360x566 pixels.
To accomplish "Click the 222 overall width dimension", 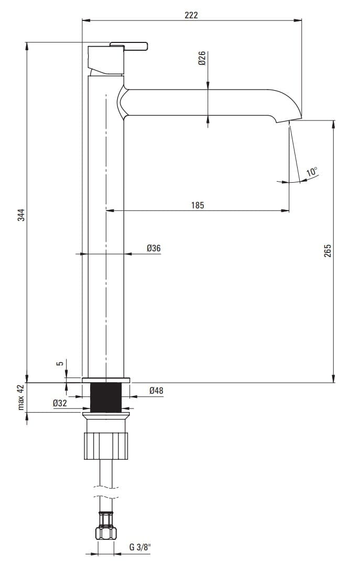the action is [x=191, y=15].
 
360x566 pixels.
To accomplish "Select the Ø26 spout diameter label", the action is [x=202, y=58].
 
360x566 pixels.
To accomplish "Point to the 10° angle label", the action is [x=312, y=171].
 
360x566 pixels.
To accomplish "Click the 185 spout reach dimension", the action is [x=198, y=205].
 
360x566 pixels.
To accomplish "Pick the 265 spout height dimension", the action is [x=328, y=251].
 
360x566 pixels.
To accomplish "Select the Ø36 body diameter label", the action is [x=154, y=248].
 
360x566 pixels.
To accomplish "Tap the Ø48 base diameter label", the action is [x=156, y=391].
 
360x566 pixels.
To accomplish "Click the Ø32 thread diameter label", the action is [x=60, y=403].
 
